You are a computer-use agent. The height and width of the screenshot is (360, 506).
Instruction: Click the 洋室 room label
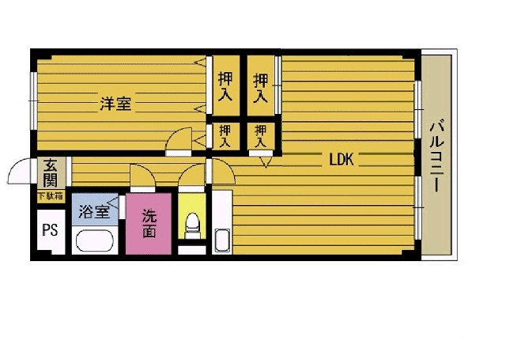(115, 103)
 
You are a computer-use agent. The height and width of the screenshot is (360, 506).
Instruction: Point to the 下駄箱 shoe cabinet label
(51, 195)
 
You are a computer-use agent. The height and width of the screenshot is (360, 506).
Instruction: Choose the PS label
(48, 231)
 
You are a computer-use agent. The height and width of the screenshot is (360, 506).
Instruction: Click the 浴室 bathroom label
(94, 211)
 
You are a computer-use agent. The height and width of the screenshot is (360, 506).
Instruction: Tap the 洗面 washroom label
(148, 223)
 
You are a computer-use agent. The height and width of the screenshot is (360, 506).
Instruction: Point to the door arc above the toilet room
(191, 176)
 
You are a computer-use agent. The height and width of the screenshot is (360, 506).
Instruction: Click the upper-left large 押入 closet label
(226, 86)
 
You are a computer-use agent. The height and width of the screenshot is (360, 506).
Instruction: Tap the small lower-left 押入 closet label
(225, 136)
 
